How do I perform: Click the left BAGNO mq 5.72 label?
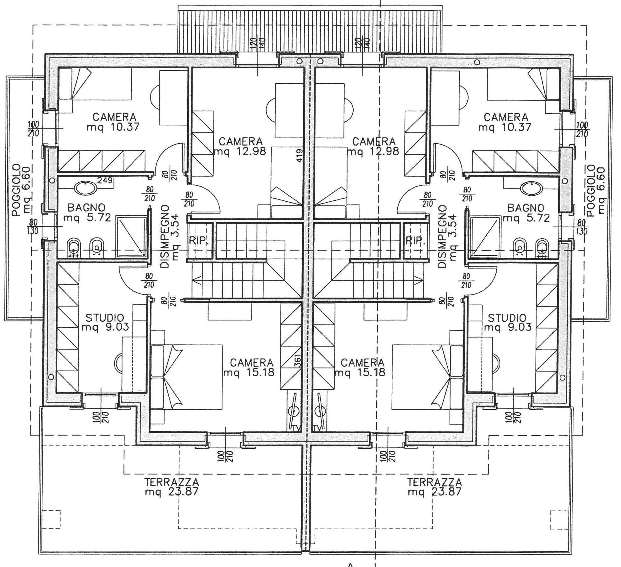click(87, 213)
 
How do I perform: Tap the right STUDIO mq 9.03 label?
click(507, 322)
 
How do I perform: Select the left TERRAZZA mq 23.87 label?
click(172, 487)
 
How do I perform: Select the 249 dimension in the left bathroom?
click(105, 180)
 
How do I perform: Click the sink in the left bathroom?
click(83, 188)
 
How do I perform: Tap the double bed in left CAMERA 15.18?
click(186, 377)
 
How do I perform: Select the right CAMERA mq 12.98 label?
click(373, 146)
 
